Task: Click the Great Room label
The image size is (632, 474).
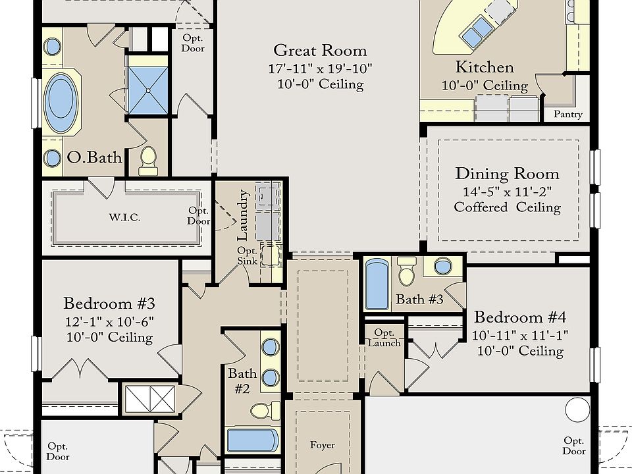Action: pos(320,51)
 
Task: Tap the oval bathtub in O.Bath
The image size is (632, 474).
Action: pos(61,103)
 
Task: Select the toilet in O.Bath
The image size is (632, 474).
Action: pos(148,161)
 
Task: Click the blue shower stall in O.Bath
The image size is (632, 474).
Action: pos(147,91)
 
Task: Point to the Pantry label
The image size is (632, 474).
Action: pos(568,114)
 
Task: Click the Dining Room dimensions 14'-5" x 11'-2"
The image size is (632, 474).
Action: pos(507,192)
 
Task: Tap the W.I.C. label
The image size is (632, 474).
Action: pos(124,218)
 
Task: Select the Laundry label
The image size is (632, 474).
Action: pos(243,215)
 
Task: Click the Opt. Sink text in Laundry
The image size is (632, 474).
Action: pos(247,256)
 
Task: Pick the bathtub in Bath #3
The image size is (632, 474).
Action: pos(377,284)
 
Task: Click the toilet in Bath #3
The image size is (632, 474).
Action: pos(406,271)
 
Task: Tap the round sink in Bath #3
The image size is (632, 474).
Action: pos(443,267)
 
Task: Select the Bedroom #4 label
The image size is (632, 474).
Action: pos(519,317)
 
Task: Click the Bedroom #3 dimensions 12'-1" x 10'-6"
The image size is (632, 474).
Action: pos(109,322)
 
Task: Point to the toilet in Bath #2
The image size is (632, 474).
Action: pos(265,411)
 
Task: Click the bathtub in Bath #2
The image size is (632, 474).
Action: pos(253,440)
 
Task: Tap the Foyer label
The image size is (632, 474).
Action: pos(323,445)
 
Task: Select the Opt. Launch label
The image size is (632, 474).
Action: pos(384,338)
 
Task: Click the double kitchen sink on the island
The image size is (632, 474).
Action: pos(477,32)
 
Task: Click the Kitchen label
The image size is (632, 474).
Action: pos(485,67)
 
